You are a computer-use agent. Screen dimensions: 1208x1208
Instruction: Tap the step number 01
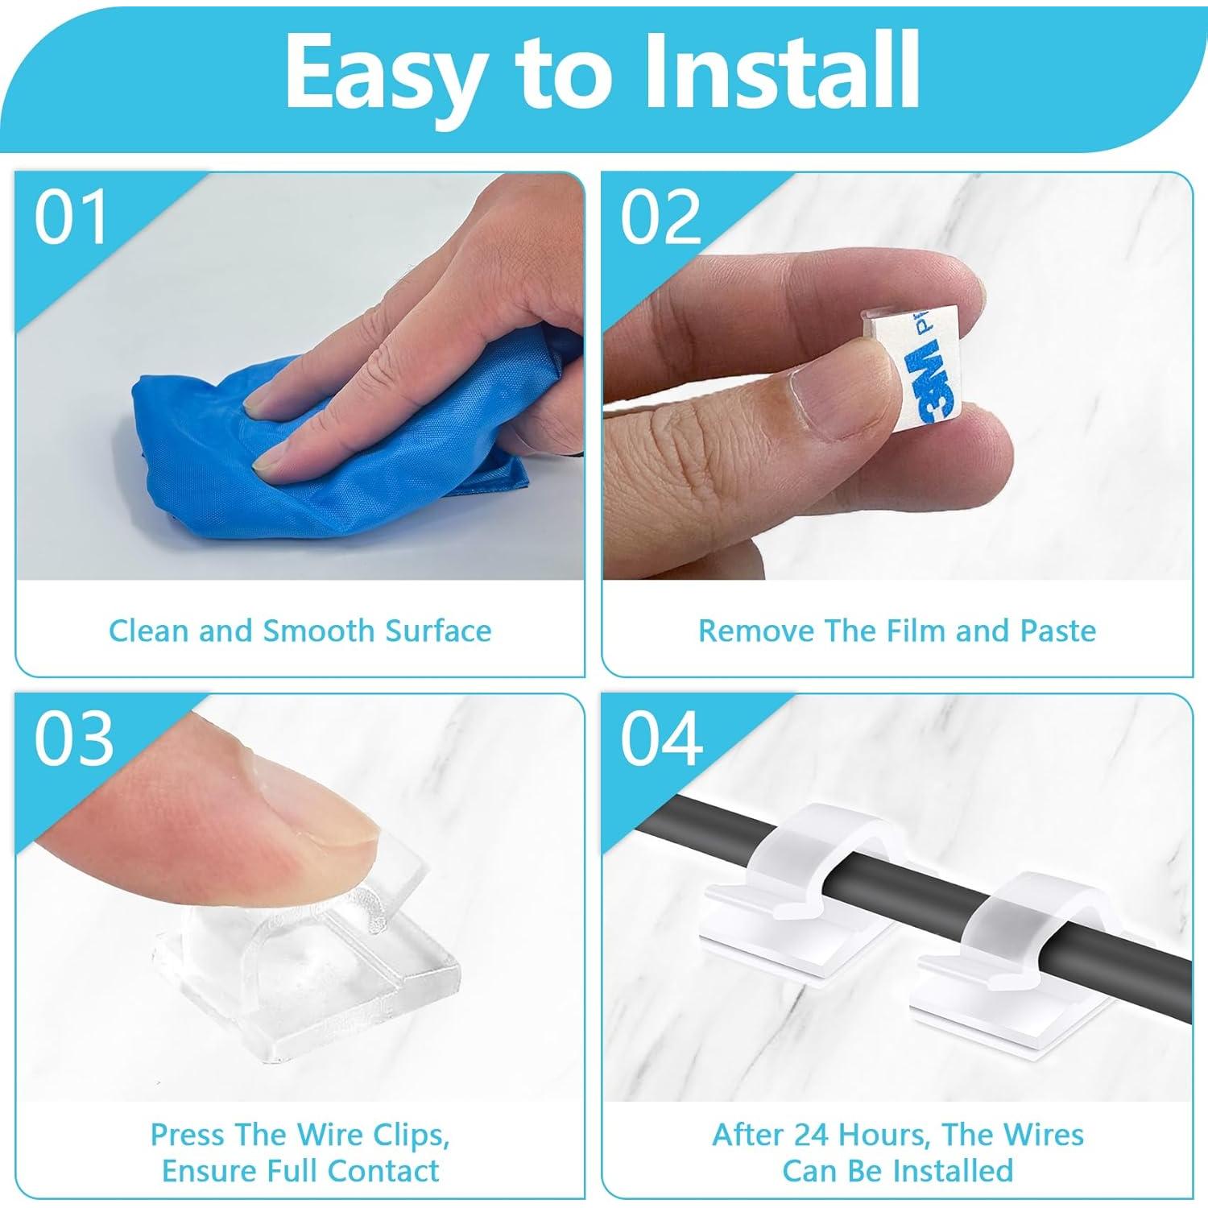71,218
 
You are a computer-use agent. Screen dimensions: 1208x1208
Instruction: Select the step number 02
660,218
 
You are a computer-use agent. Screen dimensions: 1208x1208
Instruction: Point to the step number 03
73,739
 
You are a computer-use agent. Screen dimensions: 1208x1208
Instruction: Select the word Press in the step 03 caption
186,1135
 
